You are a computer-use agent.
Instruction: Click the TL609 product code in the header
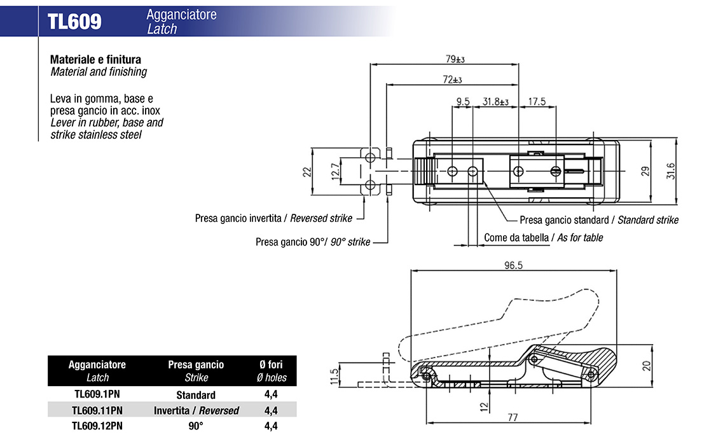click(74, 22)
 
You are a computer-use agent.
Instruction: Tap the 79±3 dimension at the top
click(455, 59)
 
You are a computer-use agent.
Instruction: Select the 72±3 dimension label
click(452, 80)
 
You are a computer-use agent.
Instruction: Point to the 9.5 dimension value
click(463, 101)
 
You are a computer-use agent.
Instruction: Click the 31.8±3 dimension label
click(496, 101)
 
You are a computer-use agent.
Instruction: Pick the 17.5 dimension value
click(537, 101)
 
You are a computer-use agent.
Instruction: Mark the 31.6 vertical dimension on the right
click(670, 171)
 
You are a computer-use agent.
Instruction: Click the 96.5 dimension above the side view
click(513, 265)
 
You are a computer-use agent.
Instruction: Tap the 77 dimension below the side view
click(513, 417)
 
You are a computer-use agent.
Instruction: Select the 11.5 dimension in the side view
click(334, 377)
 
